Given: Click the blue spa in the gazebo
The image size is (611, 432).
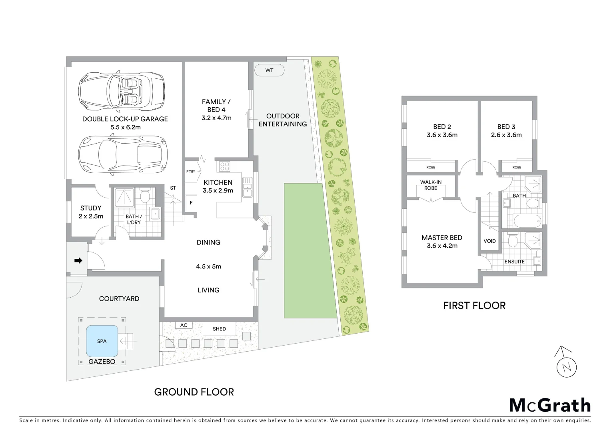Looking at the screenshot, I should click(x=102, y=341).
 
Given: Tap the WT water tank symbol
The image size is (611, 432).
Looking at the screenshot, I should click(x=269, y=70).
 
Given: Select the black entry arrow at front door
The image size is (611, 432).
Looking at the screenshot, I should click(x=78, y=261).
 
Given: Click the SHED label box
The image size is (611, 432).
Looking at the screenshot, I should click(x=219, y=329).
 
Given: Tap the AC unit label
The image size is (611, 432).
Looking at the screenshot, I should click(x=184, y=325).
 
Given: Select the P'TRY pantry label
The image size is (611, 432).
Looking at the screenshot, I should click(x=191, y=172).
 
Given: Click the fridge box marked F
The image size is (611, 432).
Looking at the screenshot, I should click(x=191, y=203).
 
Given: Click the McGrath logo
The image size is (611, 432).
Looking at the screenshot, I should click(x=550, y=405).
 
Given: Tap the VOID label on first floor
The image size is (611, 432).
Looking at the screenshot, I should click(x=489, y=241).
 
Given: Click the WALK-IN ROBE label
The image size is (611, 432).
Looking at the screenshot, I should click(x=431, y=185).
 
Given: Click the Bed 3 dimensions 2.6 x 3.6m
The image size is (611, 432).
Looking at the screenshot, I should click(x=506, y=135).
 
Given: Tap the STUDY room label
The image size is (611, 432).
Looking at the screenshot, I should click(x=91, y=208).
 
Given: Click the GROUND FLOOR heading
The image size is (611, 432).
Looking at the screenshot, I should click(x=194, y=392).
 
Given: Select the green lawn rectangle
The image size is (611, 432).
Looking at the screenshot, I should click(x=310, y=250).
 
